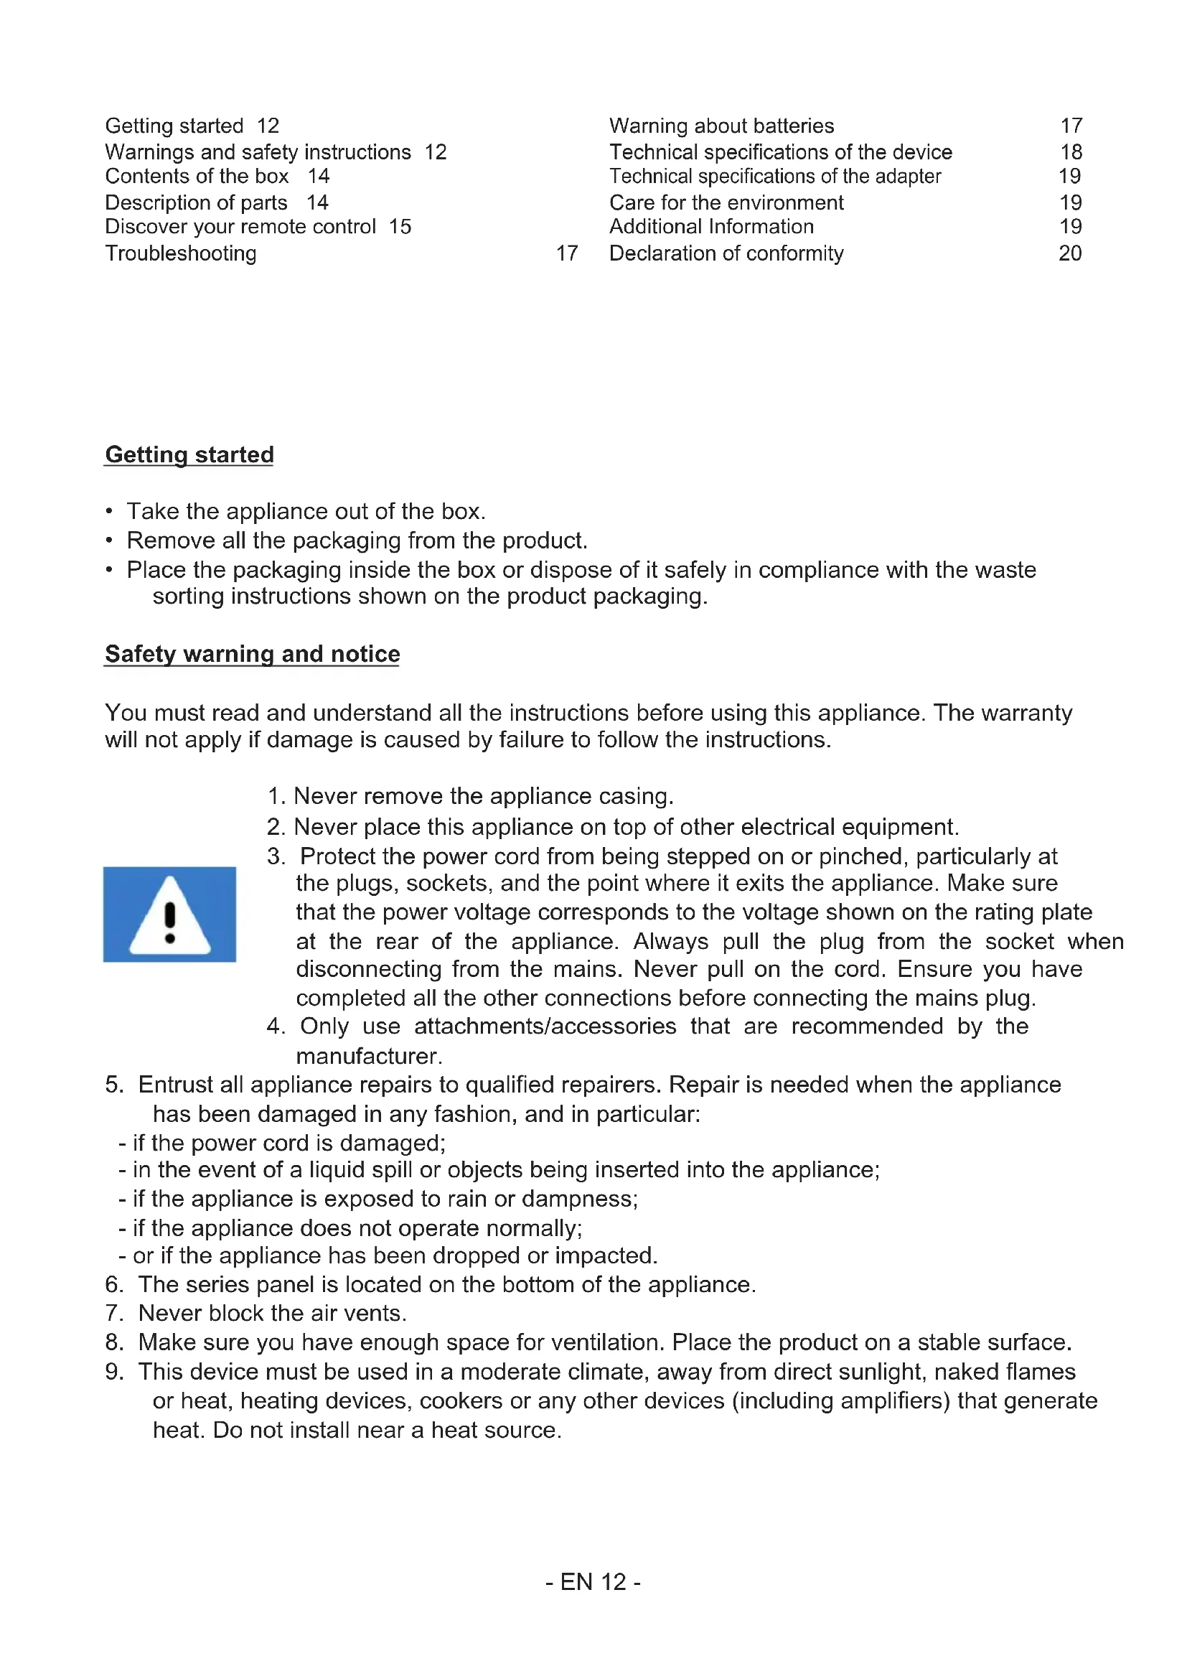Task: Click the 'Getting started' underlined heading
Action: click(189, 454)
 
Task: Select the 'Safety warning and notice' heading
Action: click(252, 653)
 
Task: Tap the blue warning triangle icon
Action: click(169, 914)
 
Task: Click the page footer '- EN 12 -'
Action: click(593, 1582)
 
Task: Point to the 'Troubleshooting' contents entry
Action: click(181, 253)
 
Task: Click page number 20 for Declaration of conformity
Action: click(1070, 253)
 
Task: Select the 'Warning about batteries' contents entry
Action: click(721, 126)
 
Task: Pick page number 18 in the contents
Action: click(1071, 152)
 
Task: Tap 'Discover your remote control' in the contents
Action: click(240, 227)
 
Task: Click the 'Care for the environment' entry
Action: click(726, 202)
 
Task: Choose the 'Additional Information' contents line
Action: click(711, 227)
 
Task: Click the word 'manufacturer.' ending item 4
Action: click(369, 1056)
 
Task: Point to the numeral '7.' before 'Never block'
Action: click(115, 1313)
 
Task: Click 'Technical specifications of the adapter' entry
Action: click(775, 177)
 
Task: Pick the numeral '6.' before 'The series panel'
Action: click(115, 1284)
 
